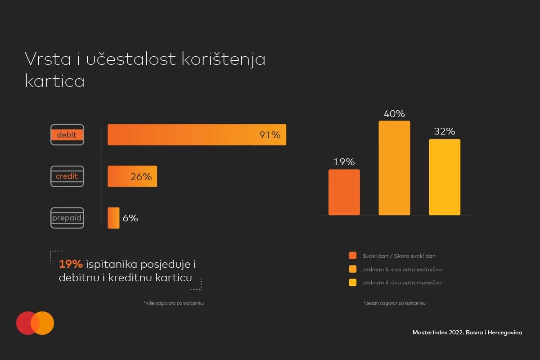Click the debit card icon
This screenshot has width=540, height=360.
coord(67,135)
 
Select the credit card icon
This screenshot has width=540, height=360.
coord(67,176)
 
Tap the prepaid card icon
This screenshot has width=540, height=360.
coord(67,218)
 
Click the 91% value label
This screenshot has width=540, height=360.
coord(270,135)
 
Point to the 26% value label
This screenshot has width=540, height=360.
coord(141,177)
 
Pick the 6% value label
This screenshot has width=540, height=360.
coord(130,218)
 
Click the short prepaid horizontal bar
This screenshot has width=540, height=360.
coord(113,218)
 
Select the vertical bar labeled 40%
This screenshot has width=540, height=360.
coord(394,168)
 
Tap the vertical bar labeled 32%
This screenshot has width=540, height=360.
coord(444,177)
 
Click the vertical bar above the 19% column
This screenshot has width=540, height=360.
coord(344,192)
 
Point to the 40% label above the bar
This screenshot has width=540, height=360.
coord(394,114)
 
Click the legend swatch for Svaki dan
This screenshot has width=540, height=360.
coord(353,256)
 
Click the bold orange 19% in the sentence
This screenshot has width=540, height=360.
coord(71,264)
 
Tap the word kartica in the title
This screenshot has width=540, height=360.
coord(54,81)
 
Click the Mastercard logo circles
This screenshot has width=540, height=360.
coord(35,323)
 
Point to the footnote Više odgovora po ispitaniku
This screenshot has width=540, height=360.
coord(174,303)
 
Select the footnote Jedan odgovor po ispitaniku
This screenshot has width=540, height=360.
coord(394,303)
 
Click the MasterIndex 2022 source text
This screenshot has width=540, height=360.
coord(467,332)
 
